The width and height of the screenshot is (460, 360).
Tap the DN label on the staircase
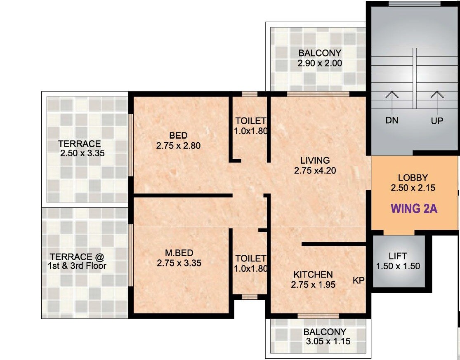pyautogui.click(x=392, y=121)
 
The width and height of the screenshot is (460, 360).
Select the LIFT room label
pyautogui.click(x=398, y=256)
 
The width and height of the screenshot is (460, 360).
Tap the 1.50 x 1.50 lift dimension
pyautogui.click(x=398, y=266)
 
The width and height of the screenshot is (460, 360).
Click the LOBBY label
pyautogui.click(x=413, y=178)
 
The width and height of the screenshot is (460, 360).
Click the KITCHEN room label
pyautogui.click(x=313, y=274)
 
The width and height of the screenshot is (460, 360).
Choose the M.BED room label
pyautogui.click(x=179, y=252)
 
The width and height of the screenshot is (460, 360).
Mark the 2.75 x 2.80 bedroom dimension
pyautogui.click(x=178, y=146)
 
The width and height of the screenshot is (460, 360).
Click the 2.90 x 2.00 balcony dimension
pyautogui.click(x=320, y=64)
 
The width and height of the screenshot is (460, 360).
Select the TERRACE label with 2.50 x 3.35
pyautogui.click(x=79, y=144)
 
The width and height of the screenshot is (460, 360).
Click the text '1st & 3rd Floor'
pyautogui.click(x=76, y=266)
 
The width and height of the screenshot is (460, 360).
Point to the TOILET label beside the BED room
pyautogui.click(x=251, y=121)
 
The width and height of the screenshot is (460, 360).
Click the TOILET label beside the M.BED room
pyautogui.click(x=251, y=259)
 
